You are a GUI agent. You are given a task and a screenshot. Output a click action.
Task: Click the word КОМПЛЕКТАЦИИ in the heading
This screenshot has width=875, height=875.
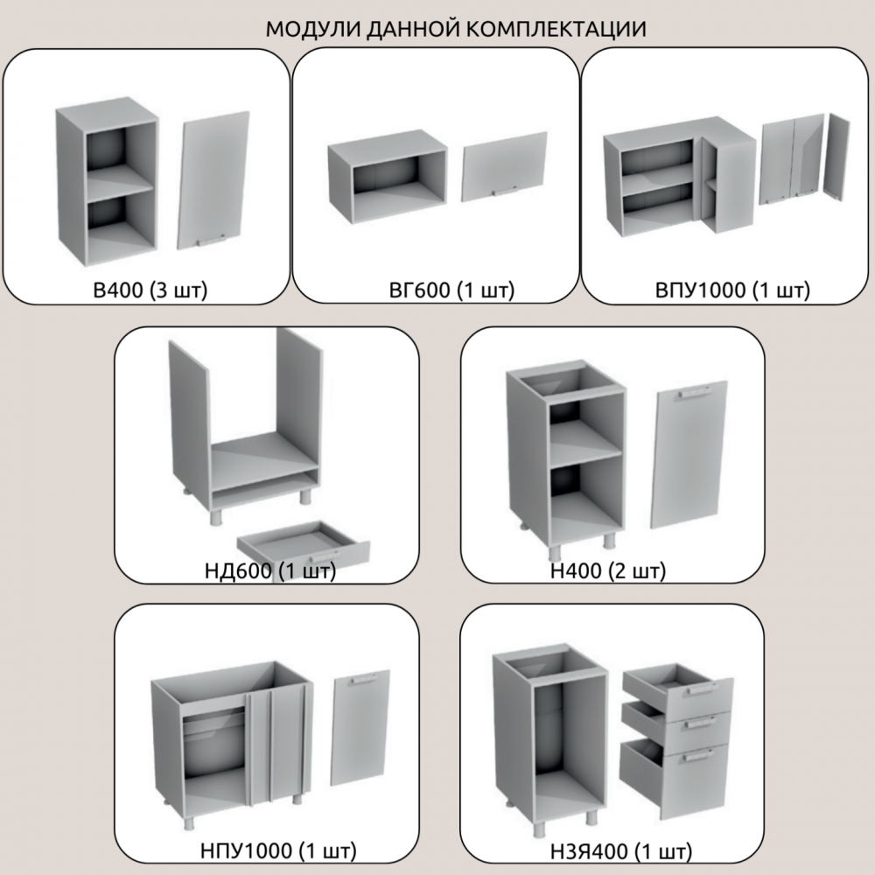556,29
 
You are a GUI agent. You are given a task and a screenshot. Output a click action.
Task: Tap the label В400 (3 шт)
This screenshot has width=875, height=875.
150,290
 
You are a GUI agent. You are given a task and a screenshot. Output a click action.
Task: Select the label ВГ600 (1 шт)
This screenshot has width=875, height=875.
451,290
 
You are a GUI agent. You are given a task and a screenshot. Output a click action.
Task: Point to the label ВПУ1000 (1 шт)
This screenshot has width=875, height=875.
732,290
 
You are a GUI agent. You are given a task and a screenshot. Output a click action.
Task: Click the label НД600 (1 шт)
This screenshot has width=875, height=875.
270,570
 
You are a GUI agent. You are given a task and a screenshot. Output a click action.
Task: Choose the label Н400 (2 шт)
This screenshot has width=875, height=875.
608,570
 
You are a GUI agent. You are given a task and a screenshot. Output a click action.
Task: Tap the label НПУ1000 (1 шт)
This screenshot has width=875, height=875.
278,851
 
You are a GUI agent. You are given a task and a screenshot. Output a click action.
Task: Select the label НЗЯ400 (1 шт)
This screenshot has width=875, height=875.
620,852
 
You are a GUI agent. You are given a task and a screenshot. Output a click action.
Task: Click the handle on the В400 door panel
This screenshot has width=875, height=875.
211,240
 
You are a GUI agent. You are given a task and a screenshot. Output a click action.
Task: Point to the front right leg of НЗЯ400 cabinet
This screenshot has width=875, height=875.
591,818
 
